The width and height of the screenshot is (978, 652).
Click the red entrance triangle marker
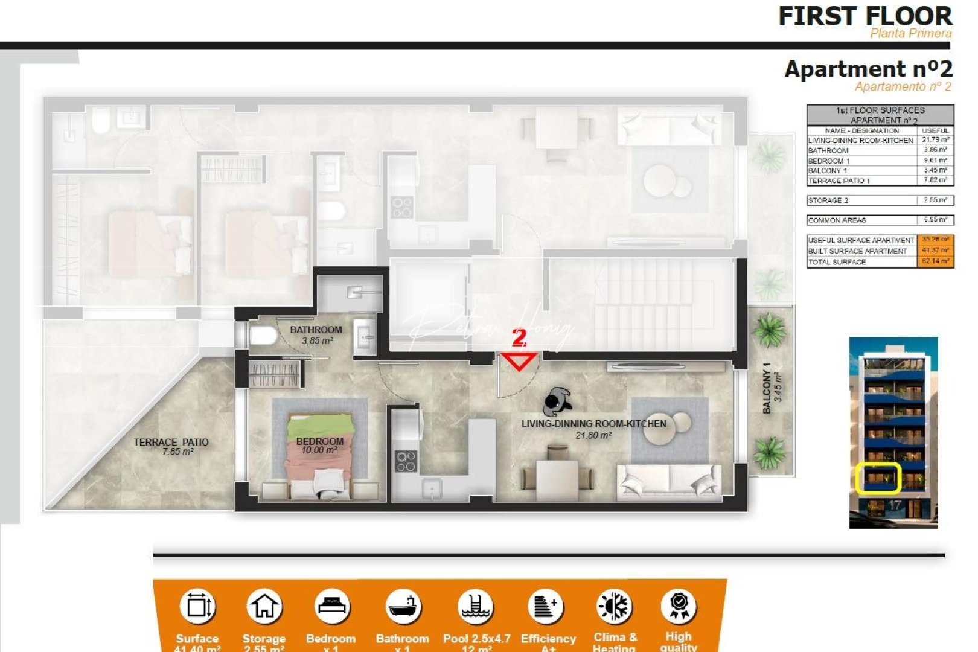click(x=520, y=362)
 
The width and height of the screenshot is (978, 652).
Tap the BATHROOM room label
click(x=316, y=335)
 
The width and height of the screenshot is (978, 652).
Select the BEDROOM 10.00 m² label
click(x=319, y=446)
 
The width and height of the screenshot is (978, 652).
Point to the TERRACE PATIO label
click(x=171, y=446)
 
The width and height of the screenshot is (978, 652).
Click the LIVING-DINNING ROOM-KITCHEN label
click(x=594, y=429)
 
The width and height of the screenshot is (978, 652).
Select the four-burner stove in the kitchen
click(x=406, y=461)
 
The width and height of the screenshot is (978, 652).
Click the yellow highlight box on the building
click(x=878, y=478)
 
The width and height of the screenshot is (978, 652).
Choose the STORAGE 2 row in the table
click(x=880, y=200)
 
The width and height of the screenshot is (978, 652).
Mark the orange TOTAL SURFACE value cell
click(x=935, y=262)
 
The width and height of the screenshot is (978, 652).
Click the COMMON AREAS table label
click(x=837, y=220)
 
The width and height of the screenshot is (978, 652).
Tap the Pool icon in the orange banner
click(x=476, y=606)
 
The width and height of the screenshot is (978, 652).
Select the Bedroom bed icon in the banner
click(x=331, y=606)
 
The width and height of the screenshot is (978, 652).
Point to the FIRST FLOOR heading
click(x=865, y=16)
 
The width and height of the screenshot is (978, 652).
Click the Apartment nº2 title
click(x=868, y=69)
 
